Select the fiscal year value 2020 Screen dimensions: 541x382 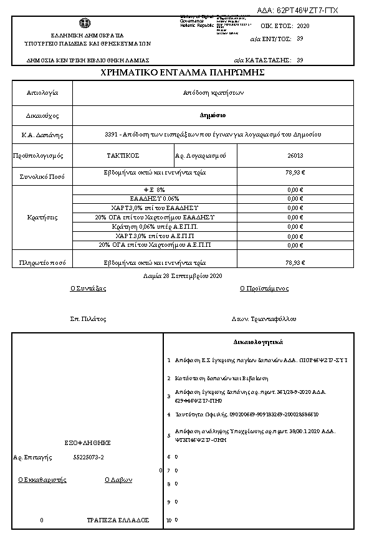click(x=303, y=26)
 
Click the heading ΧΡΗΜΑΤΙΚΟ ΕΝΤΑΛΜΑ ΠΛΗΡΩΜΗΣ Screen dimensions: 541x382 click(x=183, y=73)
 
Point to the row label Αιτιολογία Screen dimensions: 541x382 click(x=42, y=93)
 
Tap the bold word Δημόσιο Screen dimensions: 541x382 click(x=212, y=115)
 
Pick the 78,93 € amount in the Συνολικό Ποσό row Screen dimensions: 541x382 click(x=295, y=174)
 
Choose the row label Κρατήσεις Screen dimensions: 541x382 click(x=42, y=218)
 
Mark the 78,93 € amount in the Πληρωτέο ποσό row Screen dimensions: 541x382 click(x=295, y=262)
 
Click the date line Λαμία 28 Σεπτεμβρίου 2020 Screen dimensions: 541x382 click(x=183, y=275)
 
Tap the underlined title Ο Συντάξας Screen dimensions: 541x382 click(x=88, y=289)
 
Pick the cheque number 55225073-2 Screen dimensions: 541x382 click(x=88, y=457)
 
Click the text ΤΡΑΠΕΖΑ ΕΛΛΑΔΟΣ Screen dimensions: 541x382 click(x=118, y=519)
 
